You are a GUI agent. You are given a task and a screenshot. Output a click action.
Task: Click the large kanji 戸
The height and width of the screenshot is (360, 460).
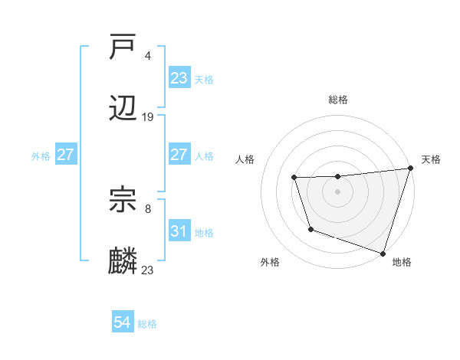coord(123,49)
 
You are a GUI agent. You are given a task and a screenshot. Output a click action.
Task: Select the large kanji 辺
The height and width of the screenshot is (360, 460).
coord(123,109)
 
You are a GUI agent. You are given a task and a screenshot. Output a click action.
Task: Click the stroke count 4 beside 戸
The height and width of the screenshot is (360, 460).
coord(147,56)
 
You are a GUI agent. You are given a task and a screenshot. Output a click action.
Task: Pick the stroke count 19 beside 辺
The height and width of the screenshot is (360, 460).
coord(148,116)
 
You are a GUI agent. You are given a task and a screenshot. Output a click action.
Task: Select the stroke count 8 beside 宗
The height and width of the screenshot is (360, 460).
coord(147,208)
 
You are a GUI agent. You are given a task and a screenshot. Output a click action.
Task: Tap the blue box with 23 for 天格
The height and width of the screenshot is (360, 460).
coord(179,78)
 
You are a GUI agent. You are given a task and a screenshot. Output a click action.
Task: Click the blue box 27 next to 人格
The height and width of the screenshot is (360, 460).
coord(179,154)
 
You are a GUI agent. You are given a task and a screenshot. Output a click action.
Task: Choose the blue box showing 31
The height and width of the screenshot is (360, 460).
coord(179,231)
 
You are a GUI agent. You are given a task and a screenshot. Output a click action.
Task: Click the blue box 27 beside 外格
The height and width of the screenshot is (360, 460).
coord(65,154)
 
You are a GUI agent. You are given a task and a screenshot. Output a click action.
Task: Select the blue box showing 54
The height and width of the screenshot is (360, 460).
coord(122,322)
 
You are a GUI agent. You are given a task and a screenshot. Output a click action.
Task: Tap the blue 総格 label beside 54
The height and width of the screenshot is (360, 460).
coord(147,324)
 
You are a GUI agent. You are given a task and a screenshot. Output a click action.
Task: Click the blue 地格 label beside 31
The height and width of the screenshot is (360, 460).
coord(204,232)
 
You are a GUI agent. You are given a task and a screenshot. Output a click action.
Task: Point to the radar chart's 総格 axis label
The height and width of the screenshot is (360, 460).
coord(338,100)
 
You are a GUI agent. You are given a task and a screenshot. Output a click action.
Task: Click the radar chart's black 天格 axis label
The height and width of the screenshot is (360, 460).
coord(431,159)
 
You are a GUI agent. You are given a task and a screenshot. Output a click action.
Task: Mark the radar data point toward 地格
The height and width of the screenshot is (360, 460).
coord(383,253)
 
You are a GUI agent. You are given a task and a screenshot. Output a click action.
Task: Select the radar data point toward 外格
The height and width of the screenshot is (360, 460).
coord(310,229)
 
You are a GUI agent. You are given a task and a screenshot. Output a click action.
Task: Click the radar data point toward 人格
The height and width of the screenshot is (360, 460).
coord(294,178)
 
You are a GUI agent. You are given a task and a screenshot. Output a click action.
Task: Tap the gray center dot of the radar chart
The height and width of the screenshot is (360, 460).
coord(338,191)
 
